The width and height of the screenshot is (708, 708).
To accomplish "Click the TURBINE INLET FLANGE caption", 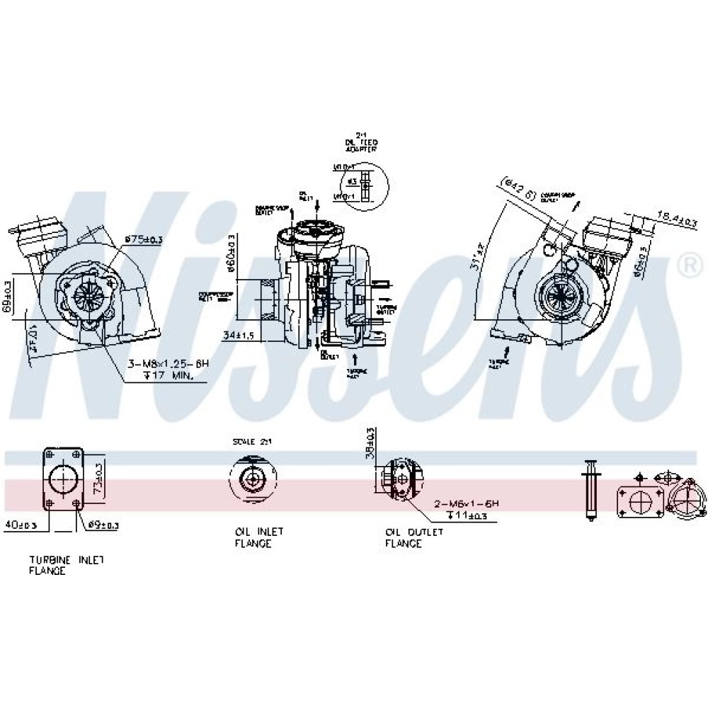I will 67,565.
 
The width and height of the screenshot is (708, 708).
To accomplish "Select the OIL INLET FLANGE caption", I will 253,537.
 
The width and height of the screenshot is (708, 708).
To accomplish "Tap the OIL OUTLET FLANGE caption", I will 414,537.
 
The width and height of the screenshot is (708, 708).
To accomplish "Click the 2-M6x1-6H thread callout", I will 467,503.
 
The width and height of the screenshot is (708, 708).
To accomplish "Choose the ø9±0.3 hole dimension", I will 103,525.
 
